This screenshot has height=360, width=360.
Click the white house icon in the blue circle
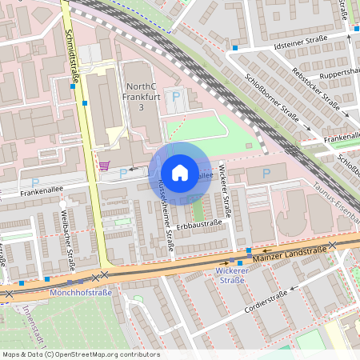click(x=179, y=173)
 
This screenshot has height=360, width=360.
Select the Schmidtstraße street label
click(x=70, y=50)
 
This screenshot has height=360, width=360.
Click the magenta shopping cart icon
click(x=104, y=166)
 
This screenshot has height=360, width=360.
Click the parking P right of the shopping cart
click(x=122, y=173)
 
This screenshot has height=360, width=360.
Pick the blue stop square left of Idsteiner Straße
click(x=235, y=48)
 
